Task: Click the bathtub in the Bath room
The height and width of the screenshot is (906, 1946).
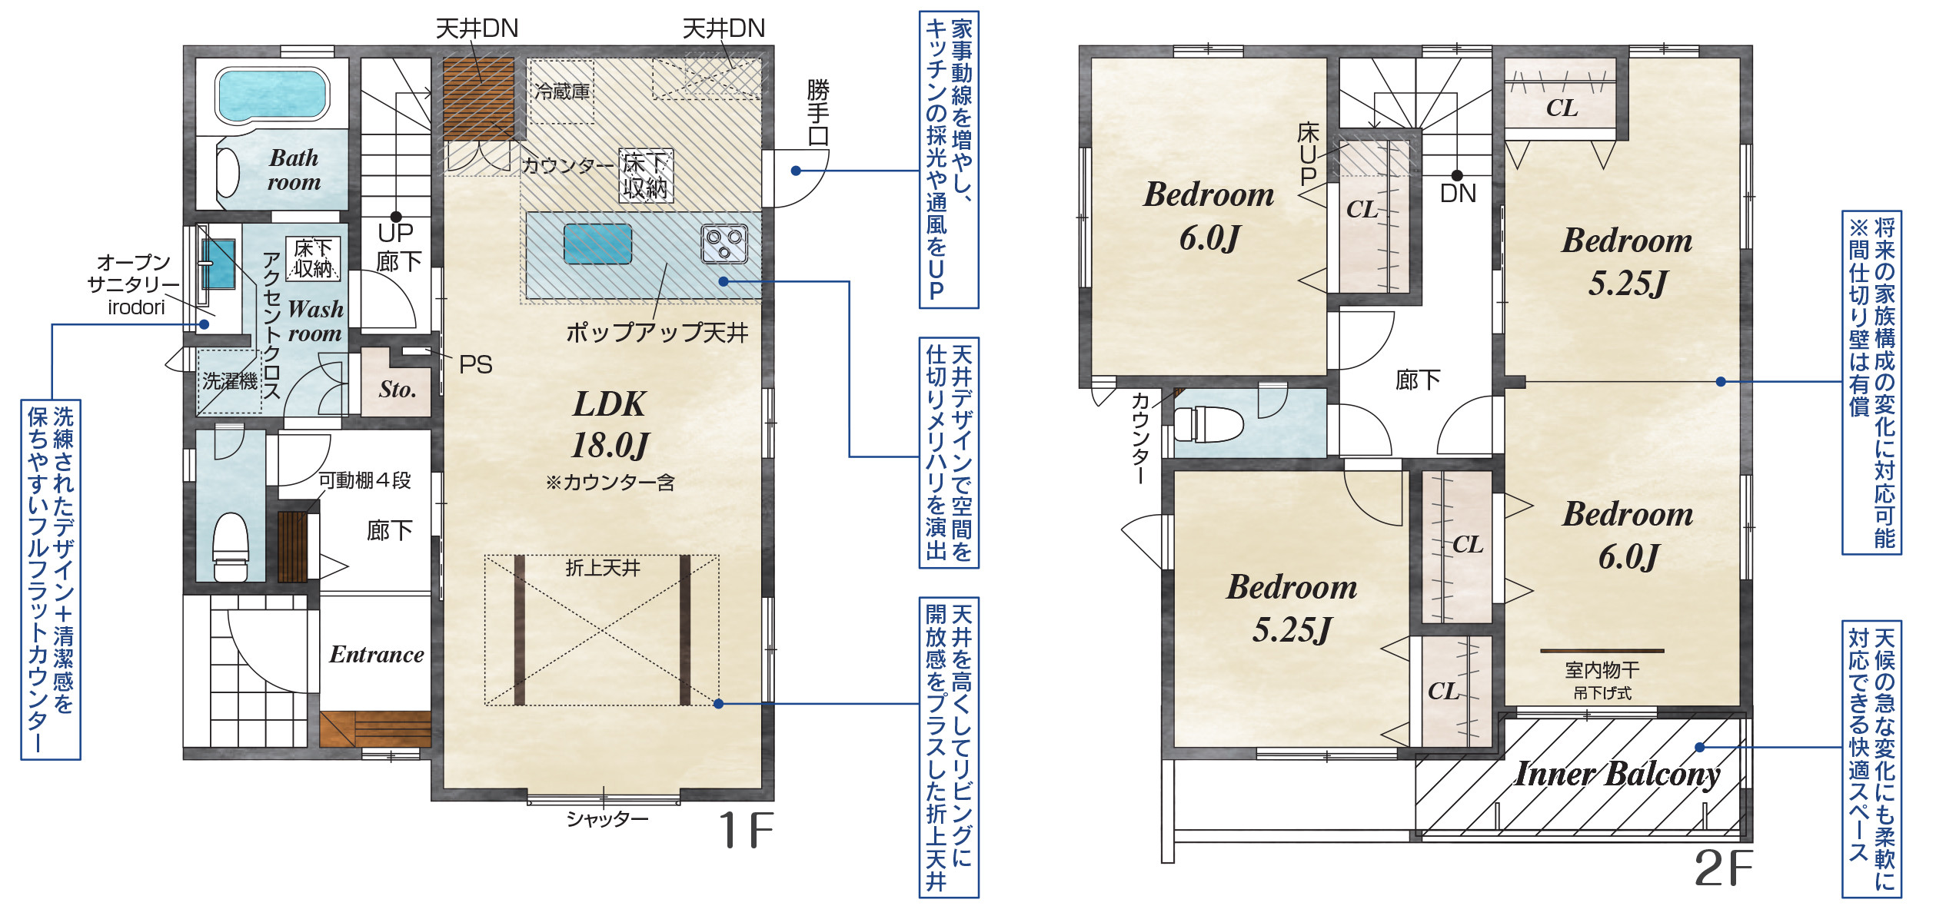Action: click(x=272, y=95)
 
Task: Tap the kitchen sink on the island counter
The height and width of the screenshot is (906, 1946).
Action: click(x=597, y=244)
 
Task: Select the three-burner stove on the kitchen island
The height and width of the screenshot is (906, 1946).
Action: click(x=724, y=244)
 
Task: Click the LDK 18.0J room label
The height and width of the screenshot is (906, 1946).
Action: click(x=610, y=424)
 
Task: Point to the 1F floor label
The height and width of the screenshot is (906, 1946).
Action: click(x=745, y=830)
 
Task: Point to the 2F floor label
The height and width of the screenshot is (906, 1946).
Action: click(x=1723, y=868)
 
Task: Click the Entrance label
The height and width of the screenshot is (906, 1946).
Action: click(x=377, y=654)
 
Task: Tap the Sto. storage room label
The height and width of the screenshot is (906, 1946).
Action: click(x=398, y=390)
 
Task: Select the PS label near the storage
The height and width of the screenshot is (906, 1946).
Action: click(x=475, y=364)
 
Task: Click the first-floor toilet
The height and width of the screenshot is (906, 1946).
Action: click(x=230, y=546)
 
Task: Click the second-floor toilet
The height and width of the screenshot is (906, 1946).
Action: click(x=1208, y=423)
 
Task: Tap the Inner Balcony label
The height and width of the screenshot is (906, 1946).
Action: click(x=1618, y=774)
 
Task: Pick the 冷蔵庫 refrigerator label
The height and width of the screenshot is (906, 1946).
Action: click(x=562, y=91)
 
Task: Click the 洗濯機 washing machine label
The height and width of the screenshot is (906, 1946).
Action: click(x=230, y=380)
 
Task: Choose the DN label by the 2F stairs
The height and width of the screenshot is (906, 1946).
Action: click(x=1458, y=194)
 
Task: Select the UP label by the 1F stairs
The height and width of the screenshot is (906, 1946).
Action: click(x=396, y=232)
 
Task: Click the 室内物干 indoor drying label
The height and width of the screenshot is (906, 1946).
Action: click(x=1602, y=670)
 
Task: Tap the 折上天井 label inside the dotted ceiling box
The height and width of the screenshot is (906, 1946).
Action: click(x=603, y=568)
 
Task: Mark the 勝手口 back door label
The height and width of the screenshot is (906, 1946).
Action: click(x=818, y=113)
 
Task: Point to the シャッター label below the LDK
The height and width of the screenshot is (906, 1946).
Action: click(x=607, y=819)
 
